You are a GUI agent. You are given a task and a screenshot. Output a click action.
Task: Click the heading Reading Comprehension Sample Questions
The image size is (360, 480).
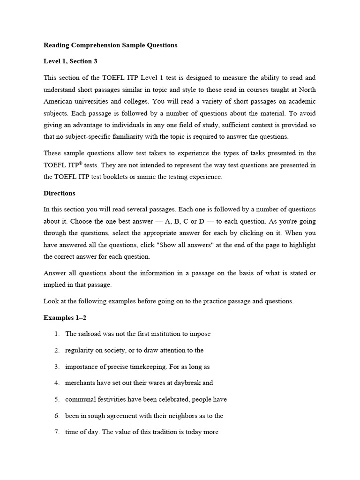pyautogui.click(x=111, y=45)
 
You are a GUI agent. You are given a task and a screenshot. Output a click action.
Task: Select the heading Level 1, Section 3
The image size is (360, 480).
pyautogui.click(x=70, y=61)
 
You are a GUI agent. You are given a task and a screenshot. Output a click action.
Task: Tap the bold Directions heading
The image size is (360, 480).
pyautogui.click(x=59, y=193)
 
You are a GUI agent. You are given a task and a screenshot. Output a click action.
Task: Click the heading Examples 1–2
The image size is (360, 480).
pyautogui.click(x=65, y=318)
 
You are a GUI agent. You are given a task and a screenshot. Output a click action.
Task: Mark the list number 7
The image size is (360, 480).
pyautogui.click(x=56, y=432)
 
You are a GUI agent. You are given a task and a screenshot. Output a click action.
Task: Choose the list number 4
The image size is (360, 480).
pyautogui.click(x=56, y=382)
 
